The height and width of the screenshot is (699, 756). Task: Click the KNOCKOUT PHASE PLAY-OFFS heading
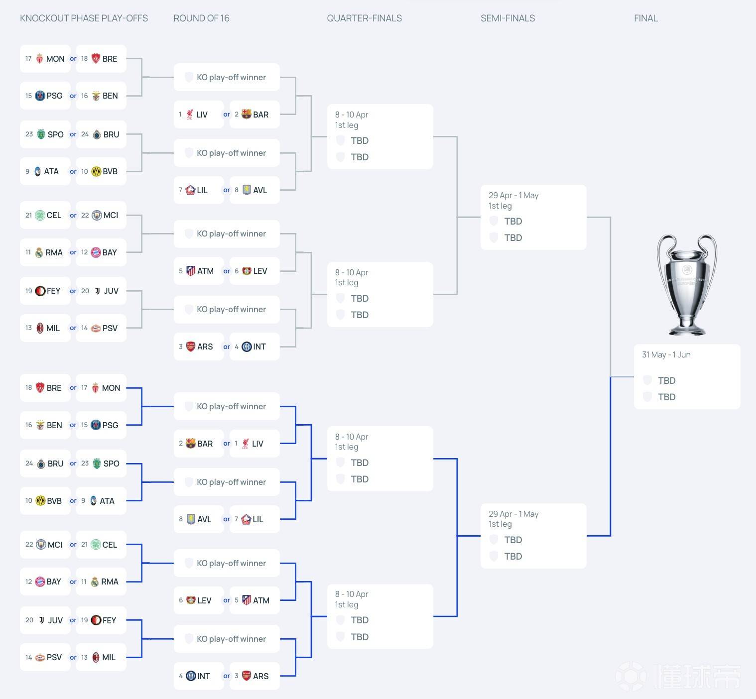pyautogui.click(x=84, y=18)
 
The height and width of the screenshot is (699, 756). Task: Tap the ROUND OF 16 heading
pyautogui.click(x=201, y=18)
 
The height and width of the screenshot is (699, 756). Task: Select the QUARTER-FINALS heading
pyautogui.click(x=364, y=18)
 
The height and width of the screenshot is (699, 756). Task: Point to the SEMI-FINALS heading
pyautogui.click(x=507, y=18)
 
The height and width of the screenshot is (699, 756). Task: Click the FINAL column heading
pyautogui.click(x=645, y=18)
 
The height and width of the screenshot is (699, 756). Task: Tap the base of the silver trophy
pyautogui.click(x=687, y=329)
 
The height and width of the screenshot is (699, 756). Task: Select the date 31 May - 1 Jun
pyautogui.click(x=666, y=354)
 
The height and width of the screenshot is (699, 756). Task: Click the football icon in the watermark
pyautogui.click(x=630, y=676)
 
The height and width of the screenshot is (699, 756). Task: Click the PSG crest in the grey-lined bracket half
pyautogui.click(x=40, y=96)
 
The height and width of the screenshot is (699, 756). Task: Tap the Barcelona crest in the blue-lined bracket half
pyautogui.click(x=190, y=444)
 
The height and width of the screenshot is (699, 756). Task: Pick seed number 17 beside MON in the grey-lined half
pyautogui.click(x=28, y=58)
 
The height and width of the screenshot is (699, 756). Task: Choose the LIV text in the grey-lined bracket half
pyautogui.click(x=202, y=114)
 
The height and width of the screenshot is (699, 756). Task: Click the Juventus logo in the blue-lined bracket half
pyautogui.click(x=41, y=620)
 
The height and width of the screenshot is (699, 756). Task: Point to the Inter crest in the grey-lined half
pyautogui.click(x=247, y=347)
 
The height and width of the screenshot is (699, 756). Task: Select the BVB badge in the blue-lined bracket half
pyautogui.click(x=40, y=501)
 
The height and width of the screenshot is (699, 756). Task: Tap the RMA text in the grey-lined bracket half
pyautogui.click(x=54, y=252)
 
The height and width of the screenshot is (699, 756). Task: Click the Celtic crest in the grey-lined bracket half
pyautogui.click(x=40, y=215)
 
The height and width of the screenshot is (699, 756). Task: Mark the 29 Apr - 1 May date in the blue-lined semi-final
pyautogui.click(x=513, y=514)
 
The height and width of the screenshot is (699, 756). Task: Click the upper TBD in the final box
pyautogui.click(x=666, y=380)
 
